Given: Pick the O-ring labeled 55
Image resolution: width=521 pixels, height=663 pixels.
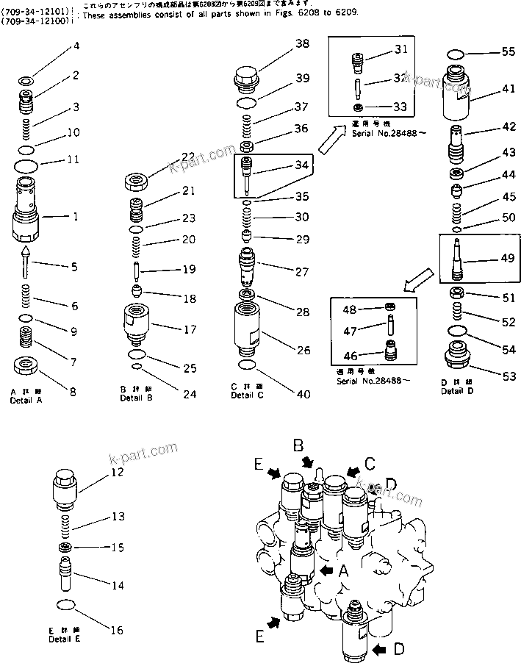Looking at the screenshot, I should point(455,53).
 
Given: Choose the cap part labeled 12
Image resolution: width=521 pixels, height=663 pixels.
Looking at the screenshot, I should point(66,489).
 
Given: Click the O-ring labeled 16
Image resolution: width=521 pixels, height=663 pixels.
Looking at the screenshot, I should point(66,605).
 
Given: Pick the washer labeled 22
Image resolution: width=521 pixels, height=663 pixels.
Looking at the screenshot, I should point(137,179).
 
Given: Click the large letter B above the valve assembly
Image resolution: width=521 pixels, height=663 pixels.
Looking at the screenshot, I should point(299,445).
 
